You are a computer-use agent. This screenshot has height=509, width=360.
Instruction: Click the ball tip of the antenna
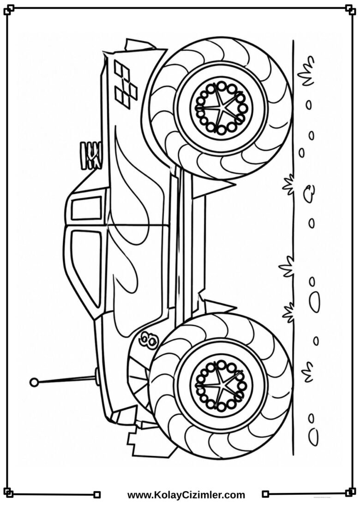[34, 382]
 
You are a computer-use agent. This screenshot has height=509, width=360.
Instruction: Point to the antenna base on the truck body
[96, 376]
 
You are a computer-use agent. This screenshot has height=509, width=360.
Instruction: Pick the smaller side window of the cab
[86, 209]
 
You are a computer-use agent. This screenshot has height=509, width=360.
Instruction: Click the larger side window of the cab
[86, 266]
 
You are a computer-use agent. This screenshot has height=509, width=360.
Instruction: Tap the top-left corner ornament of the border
[9, 10]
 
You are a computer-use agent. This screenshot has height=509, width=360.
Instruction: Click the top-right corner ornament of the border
[351, 9]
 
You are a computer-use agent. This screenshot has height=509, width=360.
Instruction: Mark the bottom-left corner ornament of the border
[9, 494]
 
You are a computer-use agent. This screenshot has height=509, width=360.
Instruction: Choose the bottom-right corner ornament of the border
[351, 494]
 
